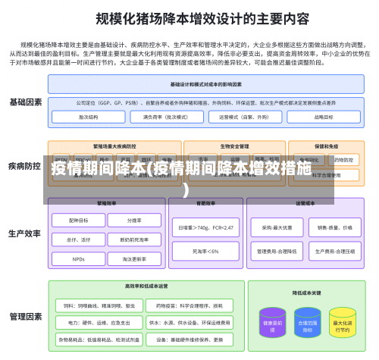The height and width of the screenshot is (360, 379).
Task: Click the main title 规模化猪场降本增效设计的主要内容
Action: point(190,17)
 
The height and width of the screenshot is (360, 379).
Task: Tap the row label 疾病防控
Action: point(25,165)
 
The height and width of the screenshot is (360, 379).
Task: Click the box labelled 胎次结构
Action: point(88,117)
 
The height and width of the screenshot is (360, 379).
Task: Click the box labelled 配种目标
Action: point(79,221)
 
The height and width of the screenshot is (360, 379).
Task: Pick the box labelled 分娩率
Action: point(134,221)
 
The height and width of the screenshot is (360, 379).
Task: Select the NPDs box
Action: point(79,258)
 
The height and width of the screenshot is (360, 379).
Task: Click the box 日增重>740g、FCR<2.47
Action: point(205,227)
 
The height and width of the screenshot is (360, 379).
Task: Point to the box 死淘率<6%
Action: point(205,251)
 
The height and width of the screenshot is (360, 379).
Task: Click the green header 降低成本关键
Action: point(307,292)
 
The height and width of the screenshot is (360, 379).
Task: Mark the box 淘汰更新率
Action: point(134,258)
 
